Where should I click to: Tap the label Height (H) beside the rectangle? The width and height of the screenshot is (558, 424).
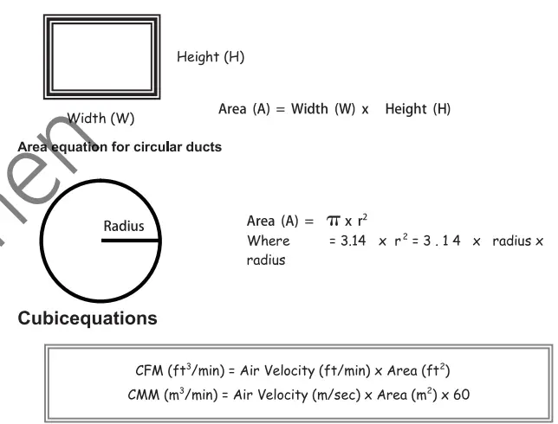[x=211, y=57]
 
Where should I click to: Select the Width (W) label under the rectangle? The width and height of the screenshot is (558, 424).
[x=101, y=118]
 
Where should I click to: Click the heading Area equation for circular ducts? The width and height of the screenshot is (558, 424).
[x=120, y=147]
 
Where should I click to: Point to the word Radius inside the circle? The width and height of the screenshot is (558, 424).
[x=124, y=227]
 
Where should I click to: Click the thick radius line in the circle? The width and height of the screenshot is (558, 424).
[x=130, y=241]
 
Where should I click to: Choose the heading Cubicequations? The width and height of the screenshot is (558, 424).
[x=88, y=318]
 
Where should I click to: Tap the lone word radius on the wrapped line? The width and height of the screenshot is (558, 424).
[x=266, y=260]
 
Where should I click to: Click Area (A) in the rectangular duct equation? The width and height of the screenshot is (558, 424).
[x=245, y=109]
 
